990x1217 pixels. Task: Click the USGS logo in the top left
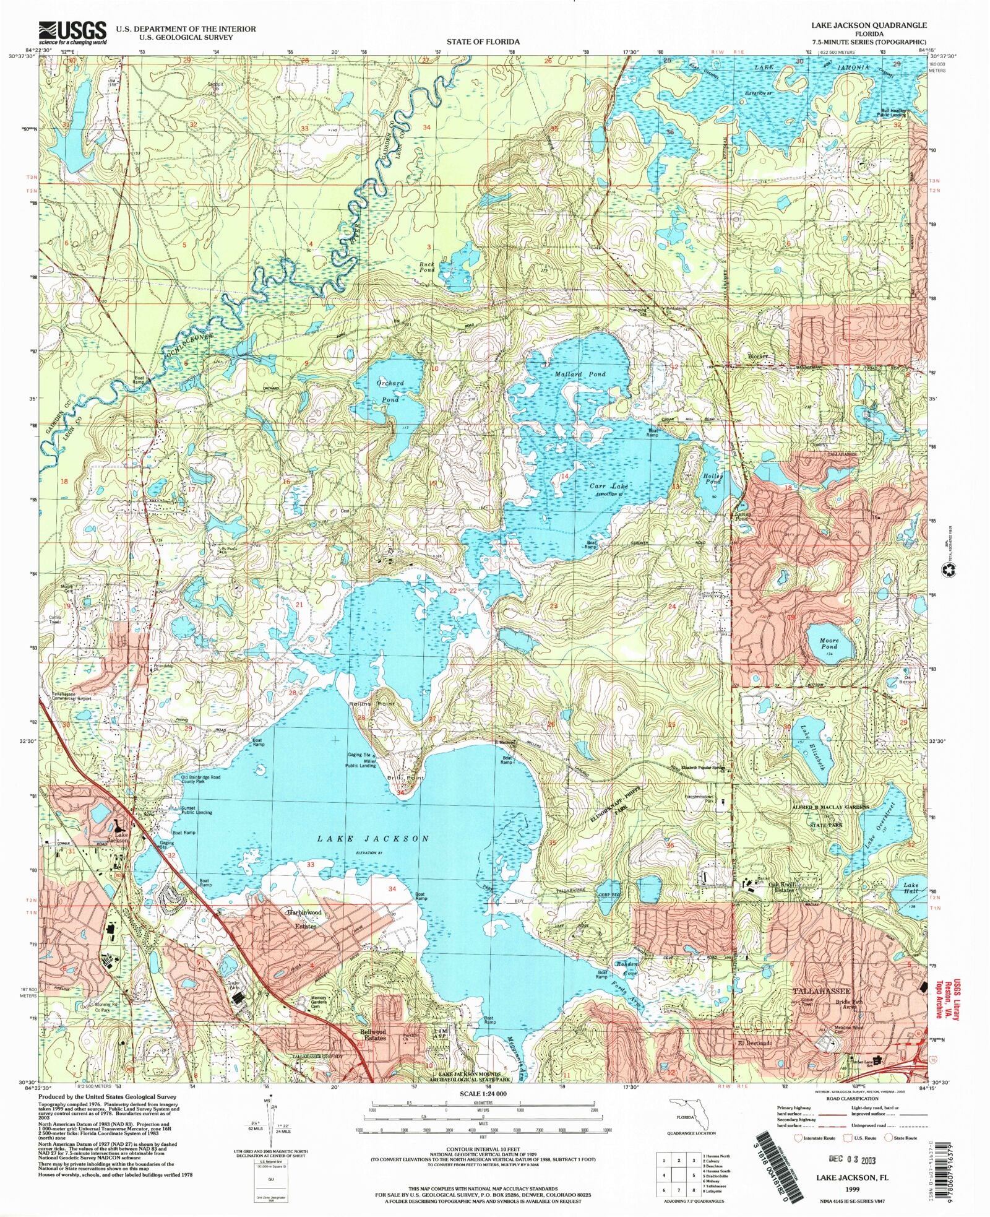[x=72, y=32]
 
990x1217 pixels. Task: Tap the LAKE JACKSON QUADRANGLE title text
[x=869, y=25]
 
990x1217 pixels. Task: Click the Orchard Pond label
[x=390, y=391]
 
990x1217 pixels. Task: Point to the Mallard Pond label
[x=579, y=375]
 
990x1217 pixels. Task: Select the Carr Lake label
[x=608, y=487]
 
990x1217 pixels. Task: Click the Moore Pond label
[x=829, y=644]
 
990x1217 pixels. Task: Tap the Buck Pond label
[x=427, y=267]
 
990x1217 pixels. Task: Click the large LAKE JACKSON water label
[x=373, y=838]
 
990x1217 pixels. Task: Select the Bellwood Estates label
[x=374, y=1034]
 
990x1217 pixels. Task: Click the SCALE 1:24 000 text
[x=483, y=1094]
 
